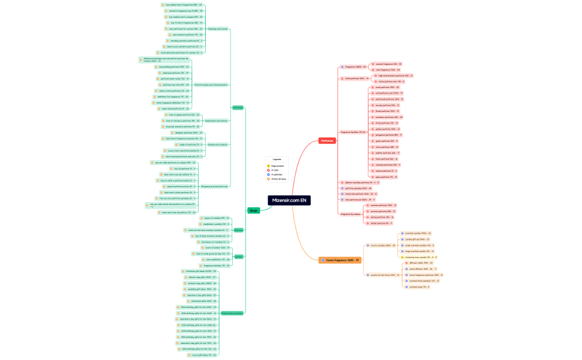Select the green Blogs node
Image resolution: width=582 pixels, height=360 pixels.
coord(253,210)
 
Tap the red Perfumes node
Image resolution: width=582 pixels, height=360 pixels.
coord(327,141)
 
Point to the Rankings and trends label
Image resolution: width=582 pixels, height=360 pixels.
coord(217,29)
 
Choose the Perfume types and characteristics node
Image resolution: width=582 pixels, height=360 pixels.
coord(211,85)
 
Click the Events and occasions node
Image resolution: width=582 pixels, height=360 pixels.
coord(232,313)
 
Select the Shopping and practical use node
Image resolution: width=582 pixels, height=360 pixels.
coord(214,186)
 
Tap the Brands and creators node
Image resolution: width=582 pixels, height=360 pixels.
coord(217,145)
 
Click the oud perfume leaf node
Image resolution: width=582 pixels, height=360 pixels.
coord(389,93)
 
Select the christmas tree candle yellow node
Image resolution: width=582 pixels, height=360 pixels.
coord(419,258)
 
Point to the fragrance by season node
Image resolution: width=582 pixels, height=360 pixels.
coord(350,214)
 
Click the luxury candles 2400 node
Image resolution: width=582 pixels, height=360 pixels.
coord(382,245)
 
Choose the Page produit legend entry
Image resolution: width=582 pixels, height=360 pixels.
coord(278,166)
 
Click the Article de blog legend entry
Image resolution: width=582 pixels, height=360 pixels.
coord(278,179)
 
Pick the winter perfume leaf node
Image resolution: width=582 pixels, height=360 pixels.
coord(381,223)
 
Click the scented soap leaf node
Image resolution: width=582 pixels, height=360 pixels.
coord(418,287)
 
